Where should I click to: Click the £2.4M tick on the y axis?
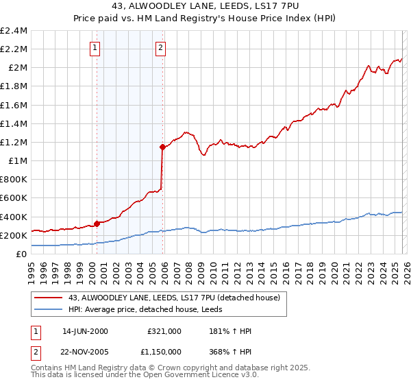[14, 31]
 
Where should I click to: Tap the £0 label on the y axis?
[22, 254]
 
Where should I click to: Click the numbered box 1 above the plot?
[95, 48]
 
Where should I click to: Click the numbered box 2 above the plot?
[160, 48]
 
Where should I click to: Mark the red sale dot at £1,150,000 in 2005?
[162, 147]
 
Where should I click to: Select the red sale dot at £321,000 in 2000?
[97, 223]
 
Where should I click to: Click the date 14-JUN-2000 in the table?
[85, 331]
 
